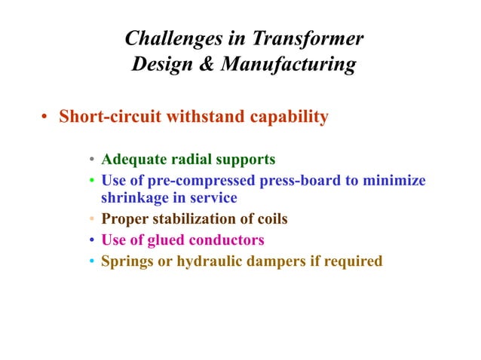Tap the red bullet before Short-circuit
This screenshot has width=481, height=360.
(45, 118)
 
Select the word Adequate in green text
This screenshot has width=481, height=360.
(131, 160)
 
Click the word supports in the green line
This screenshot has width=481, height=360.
(249, 160)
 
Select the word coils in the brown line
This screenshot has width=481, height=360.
(271, 220)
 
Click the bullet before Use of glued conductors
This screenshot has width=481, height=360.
(91, 241)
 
